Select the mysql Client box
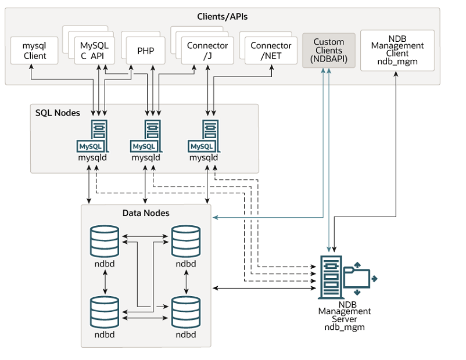tap(35, 51)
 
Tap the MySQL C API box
tap(94, 51)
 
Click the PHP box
tap(145, 51)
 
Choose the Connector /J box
tap(207, 51)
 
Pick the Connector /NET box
tap(271, 51)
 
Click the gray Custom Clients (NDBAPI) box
tap(329, 51)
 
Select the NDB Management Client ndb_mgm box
tap(397, 51)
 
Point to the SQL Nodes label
tap(58, 112)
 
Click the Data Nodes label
tap(146, 213)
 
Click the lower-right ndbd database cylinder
tap(185, 312)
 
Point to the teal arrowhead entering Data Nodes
tap(215, 218)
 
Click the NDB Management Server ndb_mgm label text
tap(344, 315)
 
